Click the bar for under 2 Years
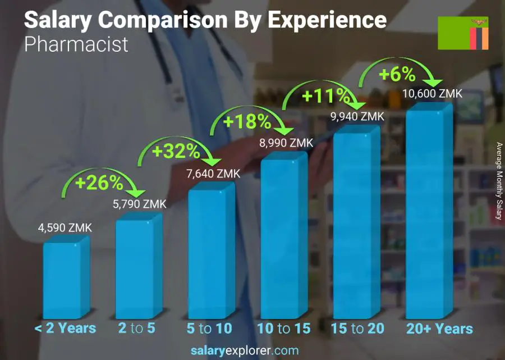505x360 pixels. point(65,281)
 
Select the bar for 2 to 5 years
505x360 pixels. point(137,270)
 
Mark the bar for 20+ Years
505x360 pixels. point(428,213)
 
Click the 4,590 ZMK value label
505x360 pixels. point(65,229)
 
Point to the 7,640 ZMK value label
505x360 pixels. point(213,174)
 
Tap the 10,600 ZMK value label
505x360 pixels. point(433,94)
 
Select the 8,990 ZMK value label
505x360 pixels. point(286,143)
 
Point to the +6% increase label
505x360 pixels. point(397,74)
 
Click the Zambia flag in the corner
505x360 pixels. point(463,33)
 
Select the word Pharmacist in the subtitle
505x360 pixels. point(76,44)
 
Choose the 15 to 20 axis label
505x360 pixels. point(357,329)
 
